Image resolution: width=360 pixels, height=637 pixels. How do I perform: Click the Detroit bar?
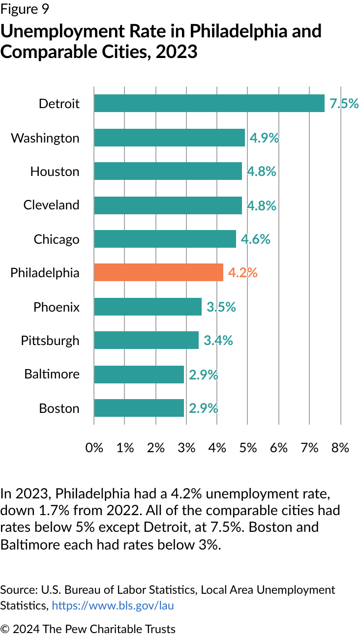[x=209, y=104]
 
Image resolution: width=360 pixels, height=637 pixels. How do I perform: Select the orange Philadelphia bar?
[x=158, y=272]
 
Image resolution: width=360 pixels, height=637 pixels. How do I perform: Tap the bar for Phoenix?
[x=148, y=307]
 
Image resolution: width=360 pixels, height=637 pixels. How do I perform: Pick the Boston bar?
[x=139, y=408]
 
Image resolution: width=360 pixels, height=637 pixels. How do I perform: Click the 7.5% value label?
[x=344, y=104]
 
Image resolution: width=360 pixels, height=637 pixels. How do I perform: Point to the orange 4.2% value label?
[x=243, y=272]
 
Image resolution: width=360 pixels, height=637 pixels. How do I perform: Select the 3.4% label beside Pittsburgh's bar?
[x=218, y=340]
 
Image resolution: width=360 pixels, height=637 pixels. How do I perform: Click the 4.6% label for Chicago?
[x=255, y=239]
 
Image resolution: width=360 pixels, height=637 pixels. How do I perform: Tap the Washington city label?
[x=45, y=138]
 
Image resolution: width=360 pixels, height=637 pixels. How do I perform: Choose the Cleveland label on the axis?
[x=51, y=204]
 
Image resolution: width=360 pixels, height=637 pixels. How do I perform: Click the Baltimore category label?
[x=52, y=374]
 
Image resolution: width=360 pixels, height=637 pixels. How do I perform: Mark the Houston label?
[x=55, y=171]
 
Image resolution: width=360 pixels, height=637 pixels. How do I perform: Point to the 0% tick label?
[x=94, y=447]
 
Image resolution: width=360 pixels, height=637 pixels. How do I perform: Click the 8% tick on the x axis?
[x=340, y=447]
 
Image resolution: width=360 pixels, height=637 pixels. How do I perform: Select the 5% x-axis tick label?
[x=248, y=447]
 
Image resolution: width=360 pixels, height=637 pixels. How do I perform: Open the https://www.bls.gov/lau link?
[x=113, y=606]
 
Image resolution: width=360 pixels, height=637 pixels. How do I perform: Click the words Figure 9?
[x=25, y=9]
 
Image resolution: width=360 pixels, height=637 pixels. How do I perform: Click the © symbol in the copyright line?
[x=5, y=629]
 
